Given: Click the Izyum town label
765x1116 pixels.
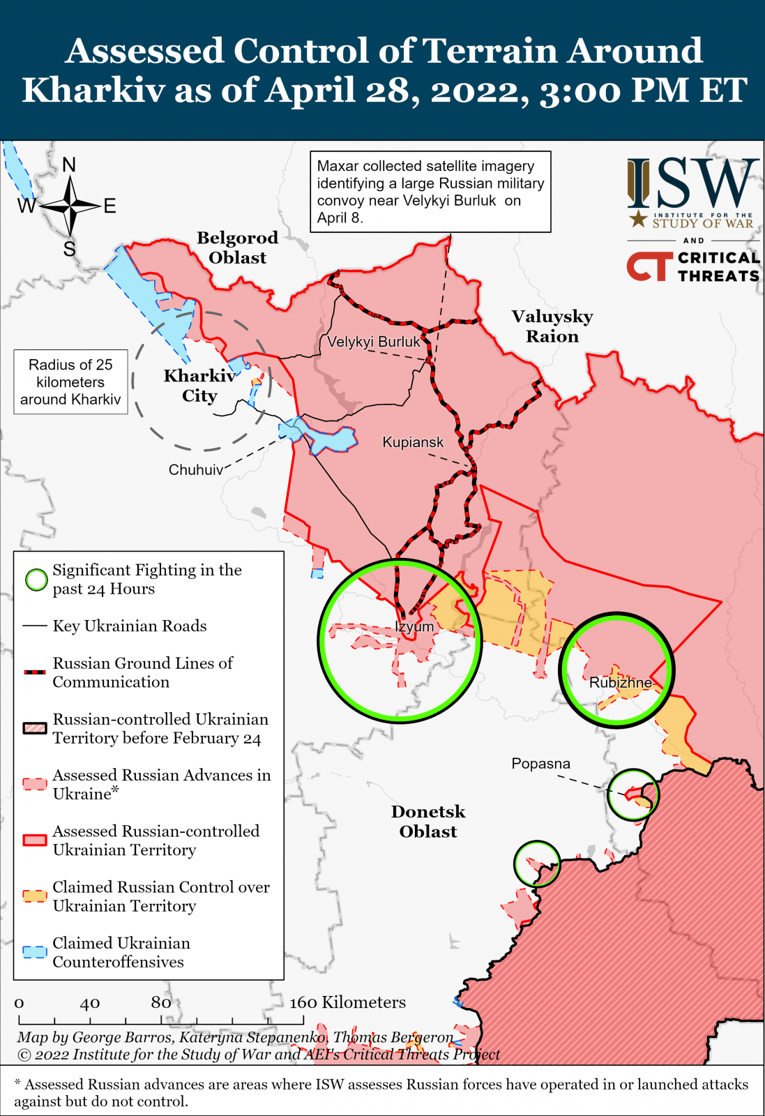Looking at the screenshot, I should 414,626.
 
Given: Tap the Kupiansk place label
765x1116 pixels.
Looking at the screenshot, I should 413,442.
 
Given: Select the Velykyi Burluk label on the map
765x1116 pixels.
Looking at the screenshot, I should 374,342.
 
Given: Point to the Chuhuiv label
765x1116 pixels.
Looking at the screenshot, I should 195,470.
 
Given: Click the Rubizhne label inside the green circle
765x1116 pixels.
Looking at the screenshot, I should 620,682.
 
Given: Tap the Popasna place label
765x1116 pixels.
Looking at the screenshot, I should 540,764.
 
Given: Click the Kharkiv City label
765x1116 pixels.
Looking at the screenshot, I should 199,386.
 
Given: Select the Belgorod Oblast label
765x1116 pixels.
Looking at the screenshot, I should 237,248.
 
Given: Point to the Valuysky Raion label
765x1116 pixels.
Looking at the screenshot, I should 552,326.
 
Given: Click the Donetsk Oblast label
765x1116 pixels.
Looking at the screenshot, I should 428,822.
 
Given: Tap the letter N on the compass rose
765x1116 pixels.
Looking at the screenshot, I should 69,165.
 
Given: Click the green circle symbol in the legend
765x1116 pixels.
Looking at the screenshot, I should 36,580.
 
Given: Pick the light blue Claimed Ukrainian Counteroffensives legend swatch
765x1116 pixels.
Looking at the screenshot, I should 34,952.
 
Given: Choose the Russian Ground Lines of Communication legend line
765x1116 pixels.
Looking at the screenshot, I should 34,672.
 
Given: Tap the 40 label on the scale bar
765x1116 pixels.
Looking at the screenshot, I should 89,1004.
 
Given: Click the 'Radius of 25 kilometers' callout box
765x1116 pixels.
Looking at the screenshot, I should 70,382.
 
